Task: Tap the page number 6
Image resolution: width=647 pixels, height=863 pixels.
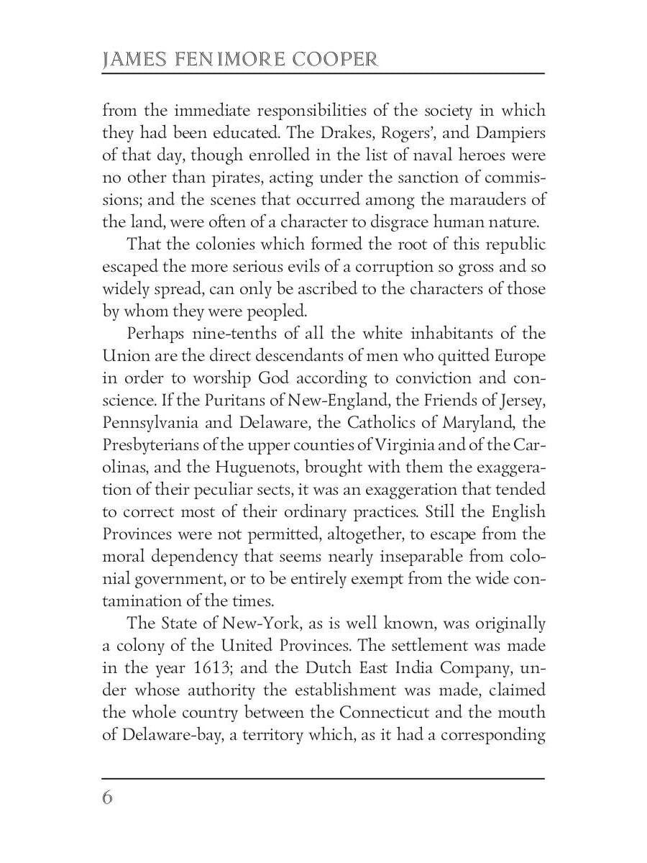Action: click(x=108, y=798)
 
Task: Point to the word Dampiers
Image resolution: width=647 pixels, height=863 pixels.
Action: click(x=506, y=133)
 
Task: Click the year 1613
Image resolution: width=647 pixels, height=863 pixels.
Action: click(x=209, y=646)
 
